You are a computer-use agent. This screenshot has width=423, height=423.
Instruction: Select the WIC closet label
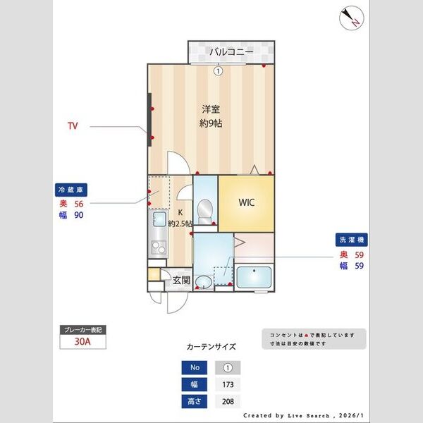pyautogui.click(x=246, y=202)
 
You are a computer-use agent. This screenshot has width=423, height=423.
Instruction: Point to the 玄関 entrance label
pyautogui.click(x=181, y=280)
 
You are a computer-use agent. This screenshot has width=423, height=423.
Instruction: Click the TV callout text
pyautogui.click(x=72, y=127)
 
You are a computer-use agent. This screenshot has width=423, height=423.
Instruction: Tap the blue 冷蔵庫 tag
pyautogui.click(x=73, y=190)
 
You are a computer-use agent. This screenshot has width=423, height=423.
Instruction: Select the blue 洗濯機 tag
pyautogui.click(x=350, y=241)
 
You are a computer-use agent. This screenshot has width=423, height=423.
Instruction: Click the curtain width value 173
pyautogui.click(x=228, y=385)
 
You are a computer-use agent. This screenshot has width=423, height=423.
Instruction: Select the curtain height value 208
pyautogui.click(x=228, y=402)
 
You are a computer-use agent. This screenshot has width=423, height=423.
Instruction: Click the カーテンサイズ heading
pyautogui.click(x=211, y=347)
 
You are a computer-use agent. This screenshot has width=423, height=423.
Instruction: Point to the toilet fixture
pyautogui.click(x=205, y=209)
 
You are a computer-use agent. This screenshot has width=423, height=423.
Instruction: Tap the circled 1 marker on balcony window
pyautogui.click(x=218, y=70)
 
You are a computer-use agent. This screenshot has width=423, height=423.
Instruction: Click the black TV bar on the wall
pyautogui.click(x=149, y=120)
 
